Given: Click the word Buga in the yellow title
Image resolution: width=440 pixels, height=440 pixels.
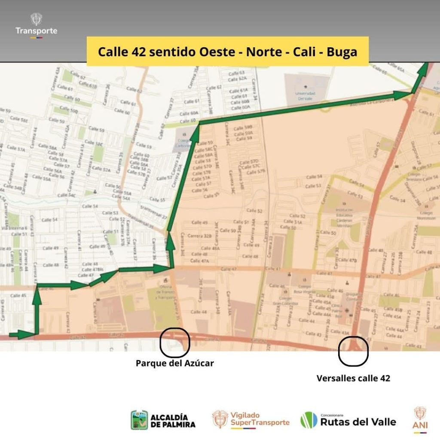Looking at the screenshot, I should click(342, 52).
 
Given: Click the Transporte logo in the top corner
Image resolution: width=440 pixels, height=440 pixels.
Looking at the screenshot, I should click(36, 26).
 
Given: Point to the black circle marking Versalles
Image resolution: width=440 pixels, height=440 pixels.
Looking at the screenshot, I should click(353, 351).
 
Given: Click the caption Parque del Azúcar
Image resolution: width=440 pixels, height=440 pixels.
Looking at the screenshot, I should click(174, 364).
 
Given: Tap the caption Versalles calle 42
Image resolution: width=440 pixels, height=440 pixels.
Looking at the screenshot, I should click(353, 379).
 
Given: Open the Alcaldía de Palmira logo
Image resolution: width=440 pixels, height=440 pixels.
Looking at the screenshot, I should click(163, 420).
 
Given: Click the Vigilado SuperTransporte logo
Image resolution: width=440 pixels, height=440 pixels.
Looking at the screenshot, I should click(251, 419).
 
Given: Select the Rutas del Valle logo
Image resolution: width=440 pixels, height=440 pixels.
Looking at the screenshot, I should click(348, 420).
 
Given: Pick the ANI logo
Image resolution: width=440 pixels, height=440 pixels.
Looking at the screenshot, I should click(420, 419).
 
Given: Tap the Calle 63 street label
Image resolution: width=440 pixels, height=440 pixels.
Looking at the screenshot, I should click(236, 73).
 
